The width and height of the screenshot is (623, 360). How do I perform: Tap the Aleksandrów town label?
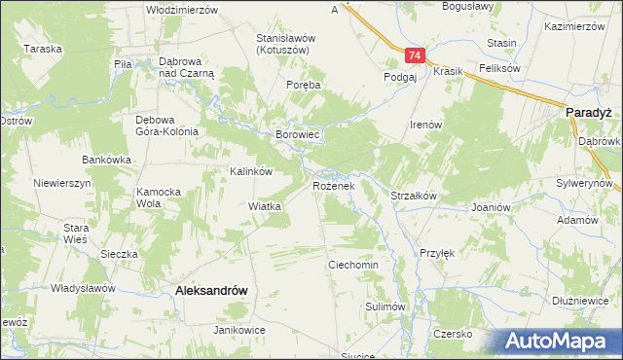[x=209, y=290]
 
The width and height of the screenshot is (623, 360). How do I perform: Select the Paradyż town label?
[x=587, y=113]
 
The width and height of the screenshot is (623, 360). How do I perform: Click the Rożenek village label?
[x=339, y=185]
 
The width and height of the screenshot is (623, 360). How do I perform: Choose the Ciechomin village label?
[x=352, y=265]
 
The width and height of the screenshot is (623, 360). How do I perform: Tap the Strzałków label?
[x=413, y=196]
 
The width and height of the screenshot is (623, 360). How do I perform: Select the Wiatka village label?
[x=265, y=206]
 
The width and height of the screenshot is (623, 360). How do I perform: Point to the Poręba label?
[x=303, y=86]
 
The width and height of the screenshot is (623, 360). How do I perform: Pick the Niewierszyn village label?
[x=61, y=182]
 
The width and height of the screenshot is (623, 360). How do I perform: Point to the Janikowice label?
[x=240, y=330]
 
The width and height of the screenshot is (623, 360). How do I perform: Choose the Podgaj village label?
[x=400, y=76]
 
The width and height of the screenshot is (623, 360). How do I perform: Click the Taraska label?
[x=44, y=48]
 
